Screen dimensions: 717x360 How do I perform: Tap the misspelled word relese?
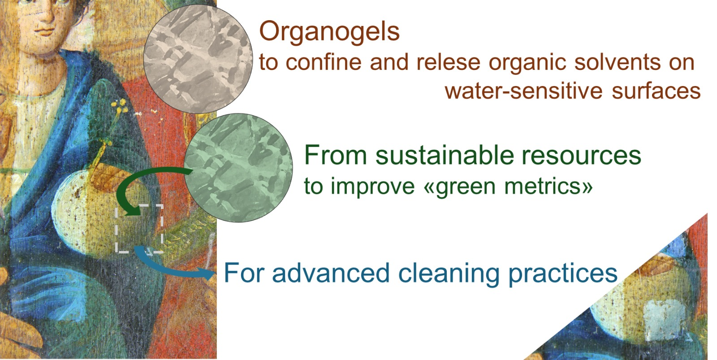pos(448,62)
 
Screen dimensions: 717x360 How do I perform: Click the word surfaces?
pos(656,91)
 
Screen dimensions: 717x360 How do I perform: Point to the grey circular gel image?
pos(198,59)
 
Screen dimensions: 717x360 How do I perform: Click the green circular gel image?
pos(238,168)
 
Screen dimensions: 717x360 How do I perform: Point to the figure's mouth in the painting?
pos(45,31)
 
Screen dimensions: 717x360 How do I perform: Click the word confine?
pos(324,62)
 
